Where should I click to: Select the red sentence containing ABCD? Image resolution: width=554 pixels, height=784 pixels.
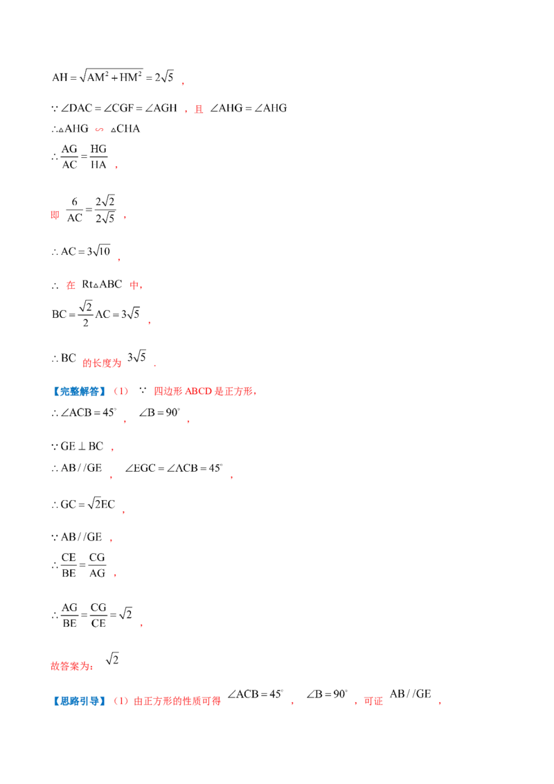click(206, 392)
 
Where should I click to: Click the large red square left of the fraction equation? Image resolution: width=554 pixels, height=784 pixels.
click(55, 216)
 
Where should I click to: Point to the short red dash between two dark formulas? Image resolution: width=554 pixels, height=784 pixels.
click(100, 130)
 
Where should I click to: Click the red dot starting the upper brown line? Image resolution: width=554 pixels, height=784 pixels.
click(230, 477)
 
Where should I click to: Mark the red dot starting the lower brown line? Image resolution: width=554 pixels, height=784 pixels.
click(114, 576)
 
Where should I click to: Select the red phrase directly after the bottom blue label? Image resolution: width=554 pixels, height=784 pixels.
click(168, 702)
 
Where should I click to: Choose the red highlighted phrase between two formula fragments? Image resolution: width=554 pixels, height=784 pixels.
click(102, 362)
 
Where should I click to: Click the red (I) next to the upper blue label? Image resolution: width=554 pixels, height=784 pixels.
click(120, 392)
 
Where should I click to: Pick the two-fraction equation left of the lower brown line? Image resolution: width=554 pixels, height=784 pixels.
click(80, 566)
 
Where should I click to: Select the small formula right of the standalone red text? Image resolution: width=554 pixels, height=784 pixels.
click(115, 659)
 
